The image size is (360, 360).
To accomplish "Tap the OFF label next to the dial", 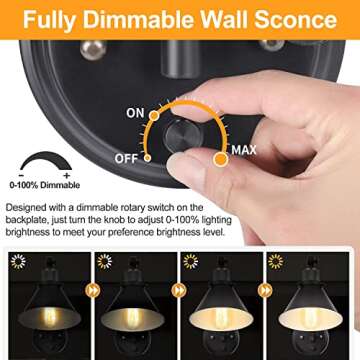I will coord(124,157).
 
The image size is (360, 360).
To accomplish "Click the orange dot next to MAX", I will coord(220,158).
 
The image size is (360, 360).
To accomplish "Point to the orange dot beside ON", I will coord(156,116).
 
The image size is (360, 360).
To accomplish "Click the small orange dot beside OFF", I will coord(147,157).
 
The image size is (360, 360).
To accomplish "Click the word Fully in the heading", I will coord(55,19).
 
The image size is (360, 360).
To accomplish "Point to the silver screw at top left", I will coord(92,47).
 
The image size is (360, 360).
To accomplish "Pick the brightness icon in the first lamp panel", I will coord(15,261).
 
